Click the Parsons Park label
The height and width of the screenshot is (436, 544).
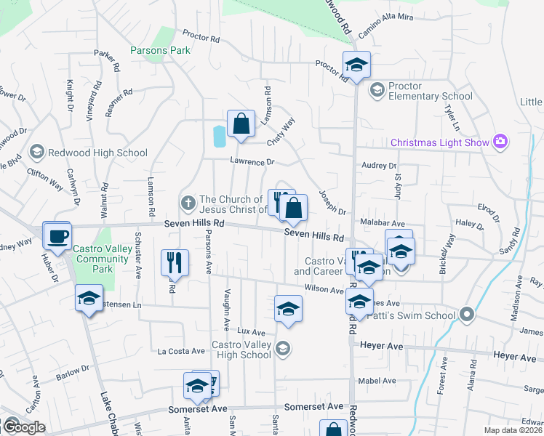tap(160, 50)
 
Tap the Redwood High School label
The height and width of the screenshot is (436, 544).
tap(97, 153)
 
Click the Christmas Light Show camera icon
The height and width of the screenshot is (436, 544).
tap(500, 142)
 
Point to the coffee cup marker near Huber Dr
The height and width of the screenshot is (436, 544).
tap(57, 235)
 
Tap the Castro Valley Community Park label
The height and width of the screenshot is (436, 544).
tap(103, 259)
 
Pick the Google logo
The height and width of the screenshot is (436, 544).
tap(23, 427)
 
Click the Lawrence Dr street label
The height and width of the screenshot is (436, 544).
tap(252, 161)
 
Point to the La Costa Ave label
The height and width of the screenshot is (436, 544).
tap(181, 351)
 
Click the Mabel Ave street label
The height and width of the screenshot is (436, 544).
tap(378, 380)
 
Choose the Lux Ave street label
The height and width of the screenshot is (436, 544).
tap(252, 331)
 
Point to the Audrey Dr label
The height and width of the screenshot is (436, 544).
tap(378, 166)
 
